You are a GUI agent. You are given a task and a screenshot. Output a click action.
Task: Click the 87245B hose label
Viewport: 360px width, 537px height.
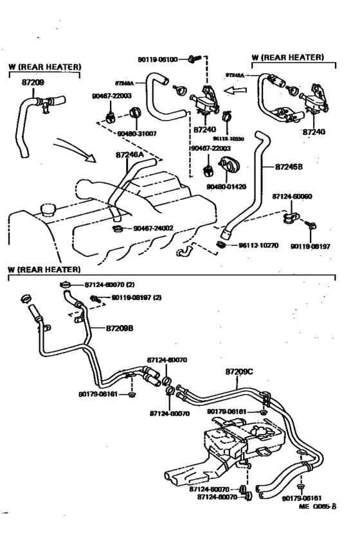click(289, 166)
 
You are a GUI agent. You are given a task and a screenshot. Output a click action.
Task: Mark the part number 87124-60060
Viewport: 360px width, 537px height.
click(291, 197)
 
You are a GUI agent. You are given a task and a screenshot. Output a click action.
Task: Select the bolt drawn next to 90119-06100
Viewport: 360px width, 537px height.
click(192, 59)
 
